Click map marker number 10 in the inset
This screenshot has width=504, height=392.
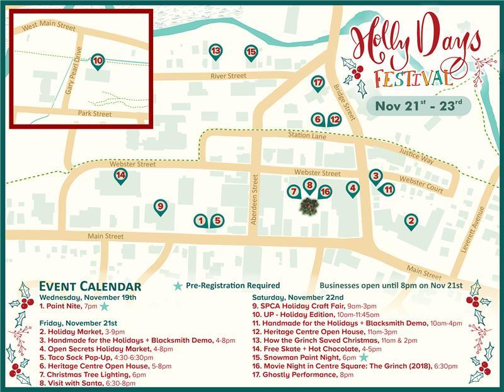(97, 61)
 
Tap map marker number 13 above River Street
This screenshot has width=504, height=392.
(215, 50)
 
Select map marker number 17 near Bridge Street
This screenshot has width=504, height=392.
(318, 82)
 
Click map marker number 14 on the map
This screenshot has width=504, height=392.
(121, 175)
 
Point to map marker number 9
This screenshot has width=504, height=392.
(161, 206)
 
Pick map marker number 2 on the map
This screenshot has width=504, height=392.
(411, 220)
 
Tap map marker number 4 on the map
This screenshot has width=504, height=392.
(353, 187)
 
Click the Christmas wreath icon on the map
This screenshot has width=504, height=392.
(309, 205)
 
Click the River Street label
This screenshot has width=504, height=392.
(228, 76)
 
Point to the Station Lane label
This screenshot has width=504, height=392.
(305, 135)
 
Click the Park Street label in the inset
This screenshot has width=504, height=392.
(94, 114)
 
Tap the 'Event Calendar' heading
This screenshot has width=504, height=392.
(90, 286)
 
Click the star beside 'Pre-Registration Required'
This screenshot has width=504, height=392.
(178, 286)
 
